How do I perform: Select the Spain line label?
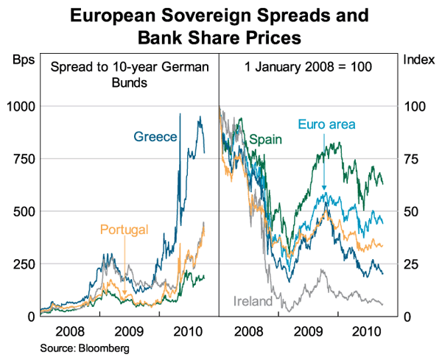[266, 138]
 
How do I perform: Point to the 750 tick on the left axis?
[23, 158]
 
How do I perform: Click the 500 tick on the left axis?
[23, 211]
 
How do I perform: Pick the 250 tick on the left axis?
[23, 264]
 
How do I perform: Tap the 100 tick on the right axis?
[415, 106]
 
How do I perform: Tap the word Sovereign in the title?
[223, 15]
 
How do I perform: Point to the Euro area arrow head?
[323, 191]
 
